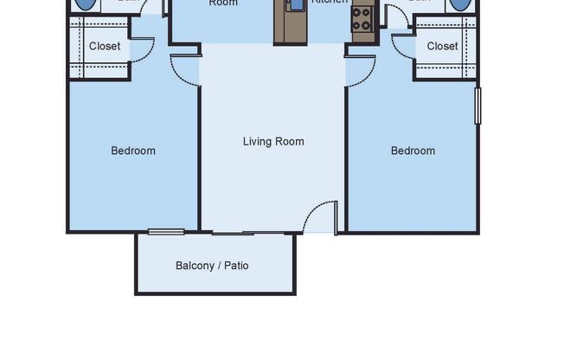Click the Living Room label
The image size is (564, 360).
click(x=273, y=141)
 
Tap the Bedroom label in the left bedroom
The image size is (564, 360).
click(x=133, y=151)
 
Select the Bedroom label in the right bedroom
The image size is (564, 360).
click(x=413, y=151)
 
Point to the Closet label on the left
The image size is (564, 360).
click(x=105, y=46)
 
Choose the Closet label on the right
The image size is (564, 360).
click(x=442, y=46)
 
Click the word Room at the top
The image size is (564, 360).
click(x=223, y=3)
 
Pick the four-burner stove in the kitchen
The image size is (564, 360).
click(x=362, y=18)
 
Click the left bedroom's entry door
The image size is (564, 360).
click(x=184, y=68)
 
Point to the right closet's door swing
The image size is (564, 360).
click(x=403, y=46)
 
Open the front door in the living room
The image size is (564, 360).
click(x=323, y=216)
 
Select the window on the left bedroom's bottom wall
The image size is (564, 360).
click(x=166, y=231)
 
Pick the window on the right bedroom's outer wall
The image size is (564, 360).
click(x=477, y=105)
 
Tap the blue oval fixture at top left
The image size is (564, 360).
click(x=86, y=3)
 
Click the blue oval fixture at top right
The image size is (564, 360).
click(x=460, y=3)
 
